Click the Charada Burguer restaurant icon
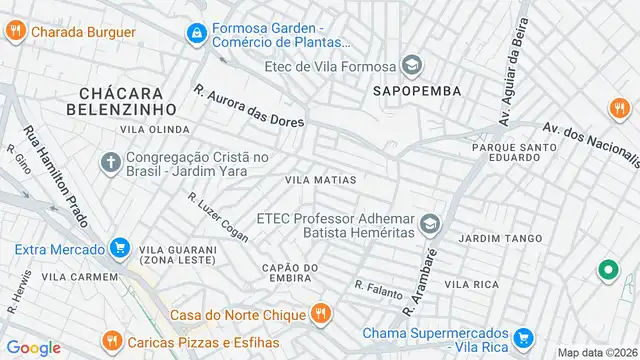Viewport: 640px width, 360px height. click(14, 31)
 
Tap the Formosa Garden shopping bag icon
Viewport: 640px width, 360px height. click(196, 35)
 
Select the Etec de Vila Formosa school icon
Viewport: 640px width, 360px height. click(411, 67)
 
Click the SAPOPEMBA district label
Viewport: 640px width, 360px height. click(416, 90)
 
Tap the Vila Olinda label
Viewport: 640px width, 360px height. click(154, 130)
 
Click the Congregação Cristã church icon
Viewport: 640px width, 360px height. click(111, 162)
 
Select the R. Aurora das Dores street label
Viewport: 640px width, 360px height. click(249, 106)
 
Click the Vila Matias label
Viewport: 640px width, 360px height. click(321, 180)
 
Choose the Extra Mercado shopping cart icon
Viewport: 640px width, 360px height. click(120, 247)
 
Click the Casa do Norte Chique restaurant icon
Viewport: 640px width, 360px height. click(320, 314)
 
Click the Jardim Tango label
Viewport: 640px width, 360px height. click(499, 238)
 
